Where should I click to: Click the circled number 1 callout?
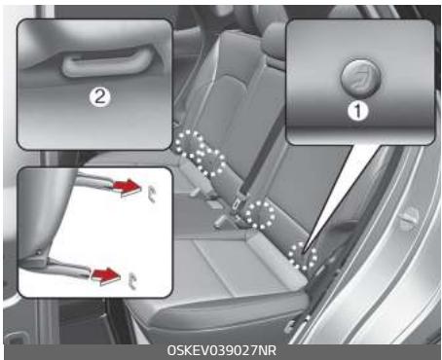[x=359, y=112]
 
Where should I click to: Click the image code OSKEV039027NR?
[x=222, y=349]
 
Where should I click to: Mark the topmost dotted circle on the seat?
[x=188, y=142]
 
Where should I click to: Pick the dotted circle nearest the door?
[x=305, y=255]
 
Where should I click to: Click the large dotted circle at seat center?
[x=260, y=213]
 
